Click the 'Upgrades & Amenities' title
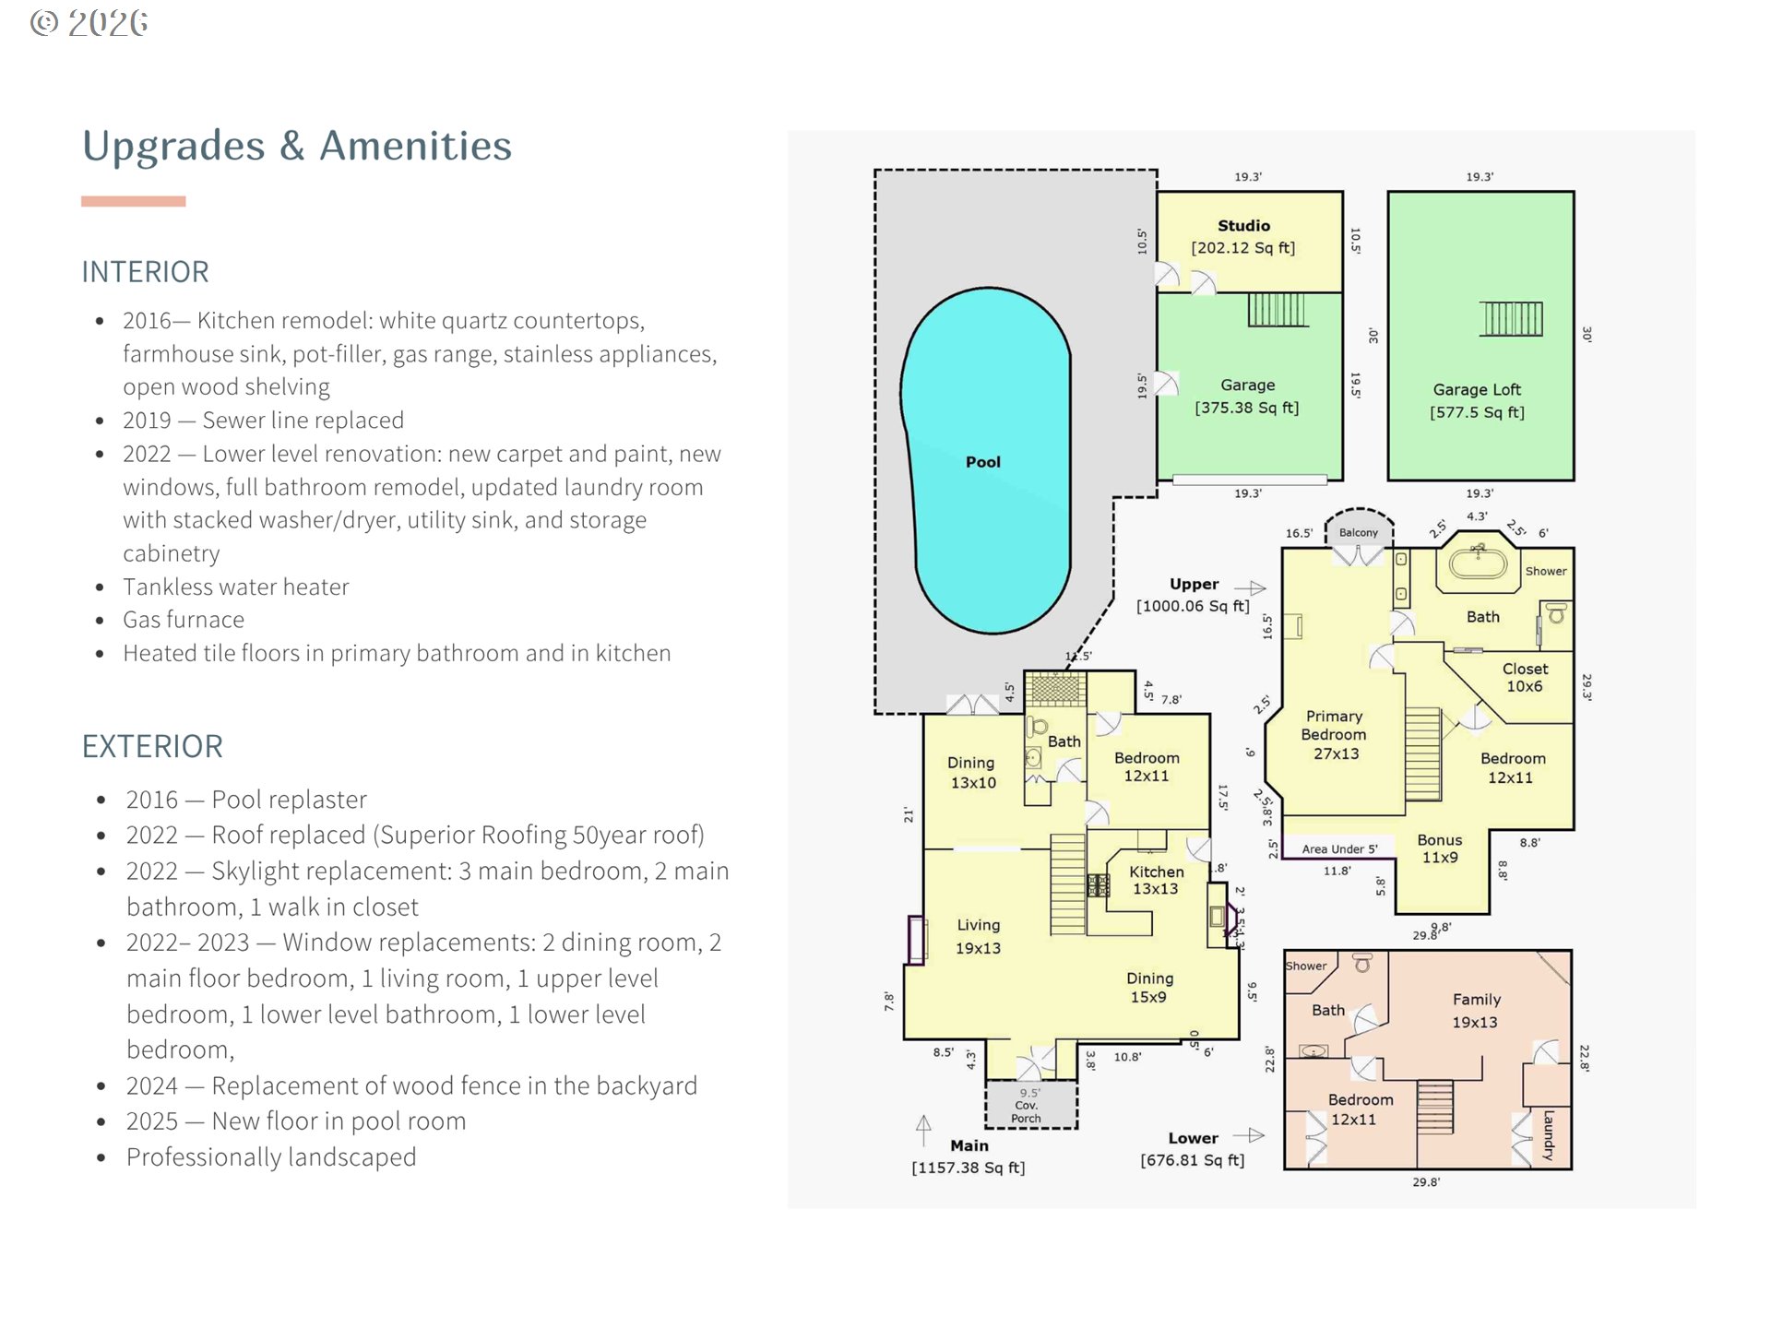297,146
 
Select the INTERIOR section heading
146,272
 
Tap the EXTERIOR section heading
152,746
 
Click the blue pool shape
985,461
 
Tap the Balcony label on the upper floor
1359,533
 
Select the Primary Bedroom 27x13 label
1334,734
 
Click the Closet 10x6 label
1525,677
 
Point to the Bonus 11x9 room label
1440,848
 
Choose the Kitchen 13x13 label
1157,880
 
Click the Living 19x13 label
978,936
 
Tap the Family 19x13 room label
1476,1011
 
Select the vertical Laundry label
1549,1134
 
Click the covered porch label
1027,1106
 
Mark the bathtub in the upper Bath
1478,563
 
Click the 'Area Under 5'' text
1339,849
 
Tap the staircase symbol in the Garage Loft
1511,319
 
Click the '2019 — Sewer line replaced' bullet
263,421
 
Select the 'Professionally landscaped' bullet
270,1157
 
